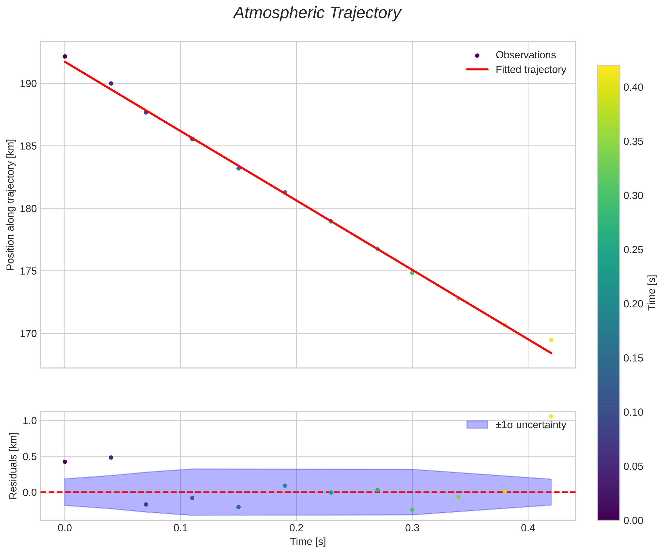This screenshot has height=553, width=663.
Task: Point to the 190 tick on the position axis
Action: [x=29, y=84]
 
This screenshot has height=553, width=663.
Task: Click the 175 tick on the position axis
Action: [x=29, y=271]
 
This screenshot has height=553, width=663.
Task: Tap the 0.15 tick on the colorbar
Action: [x=633, y=358]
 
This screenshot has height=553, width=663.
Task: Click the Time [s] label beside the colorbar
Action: [x=652, y=292]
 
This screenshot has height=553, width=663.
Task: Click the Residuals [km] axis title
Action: [x=13, y=466]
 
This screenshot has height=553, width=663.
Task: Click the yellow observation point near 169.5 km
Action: [x=551, y=340]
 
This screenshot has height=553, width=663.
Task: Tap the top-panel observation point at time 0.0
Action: [x=65, y=57]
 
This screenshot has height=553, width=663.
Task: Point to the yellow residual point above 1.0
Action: [x=551, y=417]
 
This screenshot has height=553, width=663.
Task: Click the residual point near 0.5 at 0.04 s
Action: [x=111, y=457]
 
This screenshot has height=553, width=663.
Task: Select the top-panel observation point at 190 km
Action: [x=111, y=83]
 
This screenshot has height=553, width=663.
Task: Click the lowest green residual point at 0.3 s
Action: [x=412, y=510]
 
